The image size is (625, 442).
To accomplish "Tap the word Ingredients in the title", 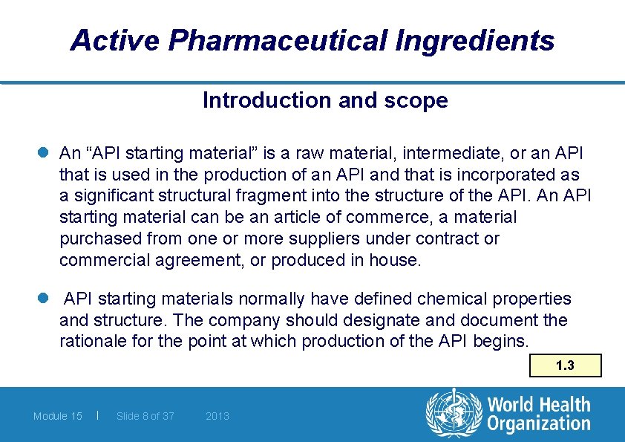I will tap(475, 40).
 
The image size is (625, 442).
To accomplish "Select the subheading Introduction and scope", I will tap(325, 100).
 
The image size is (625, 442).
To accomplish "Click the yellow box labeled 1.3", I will tap(566, 365).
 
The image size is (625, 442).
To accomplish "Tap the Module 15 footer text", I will tap(58, 416).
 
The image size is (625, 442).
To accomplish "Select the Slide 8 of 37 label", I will tap(145, 416).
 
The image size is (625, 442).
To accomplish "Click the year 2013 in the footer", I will tap(217, 416).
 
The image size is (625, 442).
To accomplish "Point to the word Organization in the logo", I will tap(539, 424).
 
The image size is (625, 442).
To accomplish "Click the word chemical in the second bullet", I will tap(448, 299).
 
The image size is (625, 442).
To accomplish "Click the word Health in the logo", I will tap(563, 406).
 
